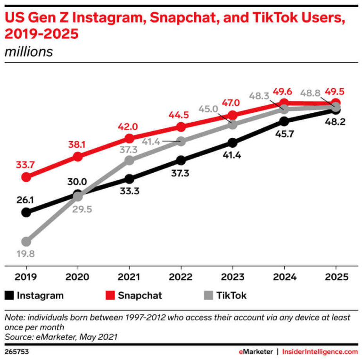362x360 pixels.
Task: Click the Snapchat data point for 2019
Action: pyautogui.click(x=26, y=177)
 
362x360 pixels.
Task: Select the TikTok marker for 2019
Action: pyautogui.click(x=26, y=242)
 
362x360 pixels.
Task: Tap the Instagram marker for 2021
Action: pyautogui.click(x=130, y=179)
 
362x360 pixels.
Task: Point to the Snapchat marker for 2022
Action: pyautogui.click(x=181, y=127)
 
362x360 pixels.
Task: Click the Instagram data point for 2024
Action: pyautogui.click(x=284, y=121)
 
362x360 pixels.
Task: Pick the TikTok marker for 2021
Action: pyautogui.click(x=130, y=160)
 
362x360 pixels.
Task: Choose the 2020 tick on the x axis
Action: pyautogui.click(x=78, y=277)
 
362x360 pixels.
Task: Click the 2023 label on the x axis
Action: pyautogui.click(x=233, y=277)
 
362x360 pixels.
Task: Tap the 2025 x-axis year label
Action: pyautogui.click(x=336, y=277)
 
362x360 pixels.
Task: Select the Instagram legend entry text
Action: pyautogui.click(x=40, y=296)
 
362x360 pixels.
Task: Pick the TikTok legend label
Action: pyautogui.click(x=231, y=296)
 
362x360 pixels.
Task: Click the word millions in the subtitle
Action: pyautogui.click(x=28, y=51)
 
